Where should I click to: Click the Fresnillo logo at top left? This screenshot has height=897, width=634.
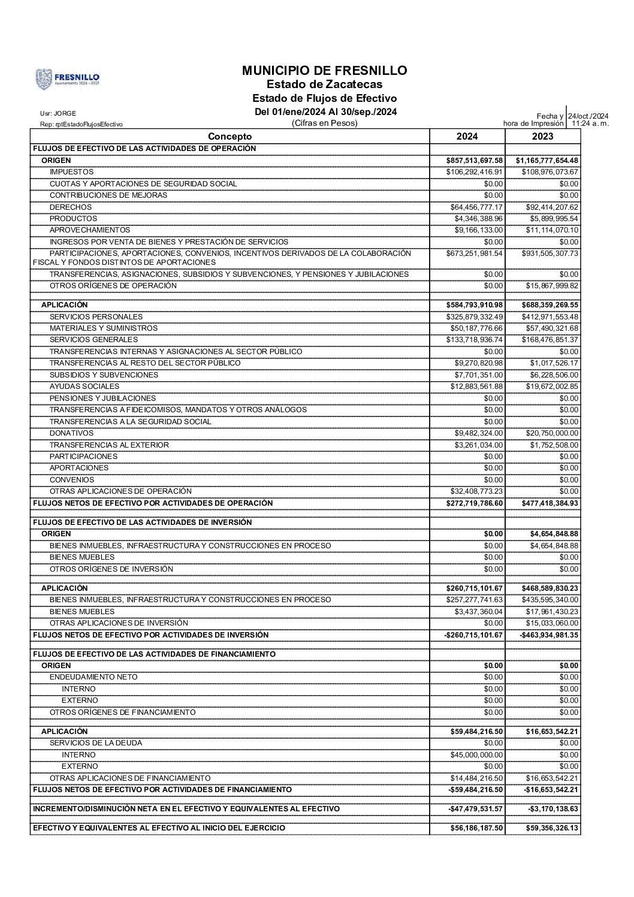tap(68, 78)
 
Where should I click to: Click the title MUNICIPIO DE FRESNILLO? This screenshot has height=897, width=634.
tap(324, 70)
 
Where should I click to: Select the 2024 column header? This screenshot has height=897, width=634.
tap(467, 137)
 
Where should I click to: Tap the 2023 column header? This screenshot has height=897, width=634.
tap(542, 137)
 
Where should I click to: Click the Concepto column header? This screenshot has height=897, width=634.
tap(230, 137)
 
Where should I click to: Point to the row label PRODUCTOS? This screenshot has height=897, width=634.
tap(73, 219)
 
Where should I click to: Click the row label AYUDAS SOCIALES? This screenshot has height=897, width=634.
tap(84, 386)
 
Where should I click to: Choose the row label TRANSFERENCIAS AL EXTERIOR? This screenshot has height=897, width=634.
tap(109, 445)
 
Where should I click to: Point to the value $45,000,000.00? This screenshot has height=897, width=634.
tap(477, 755)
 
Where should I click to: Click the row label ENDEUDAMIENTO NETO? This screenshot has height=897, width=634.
tap(93, 677)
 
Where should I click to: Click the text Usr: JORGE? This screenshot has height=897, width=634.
tap(58, 113)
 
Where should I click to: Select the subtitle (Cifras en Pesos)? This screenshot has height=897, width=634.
tap(324, 123)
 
